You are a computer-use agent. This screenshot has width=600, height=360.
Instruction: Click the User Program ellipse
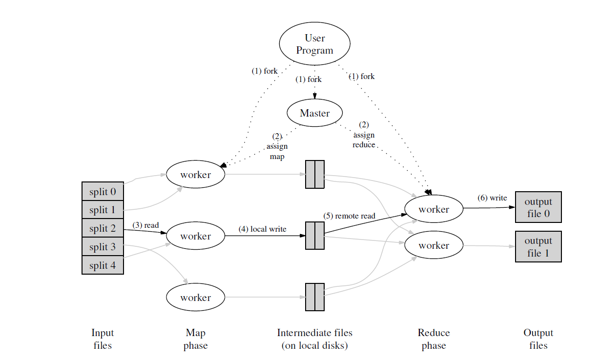click(x=314, y=44)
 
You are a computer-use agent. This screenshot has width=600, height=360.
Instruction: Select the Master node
click(x=314, y=113)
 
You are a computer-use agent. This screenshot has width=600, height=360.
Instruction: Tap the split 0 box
click(x=103, y=191)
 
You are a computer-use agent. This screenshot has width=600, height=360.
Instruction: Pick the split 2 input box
click(x=103, y=228)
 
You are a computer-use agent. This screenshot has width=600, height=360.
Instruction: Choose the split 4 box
click(x=103, y=265)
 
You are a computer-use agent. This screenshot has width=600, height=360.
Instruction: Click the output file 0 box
click(x=538, y=207)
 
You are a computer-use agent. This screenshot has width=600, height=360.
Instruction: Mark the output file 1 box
click(x=538, y=247)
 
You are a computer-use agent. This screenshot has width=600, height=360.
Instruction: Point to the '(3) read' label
click(x=145, y=225)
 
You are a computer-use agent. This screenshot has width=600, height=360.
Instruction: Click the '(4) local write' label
click(x=262, y=229)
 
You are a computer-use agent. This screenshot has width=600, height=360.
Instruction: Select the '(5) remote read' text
click(x=349, y=216)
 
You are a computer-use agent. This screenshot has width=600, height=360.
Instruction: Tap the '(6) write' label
click(x=492, y=198)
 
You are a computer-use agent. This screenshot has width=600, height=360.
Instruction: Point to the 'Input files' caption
click(x=102, y=339)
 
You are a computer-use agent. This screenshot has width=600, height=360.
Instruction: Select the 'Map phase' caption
click(x=195, y=339)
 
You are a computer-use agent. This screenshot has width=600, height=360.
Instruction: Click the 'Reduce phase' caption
click(x=434, y=339)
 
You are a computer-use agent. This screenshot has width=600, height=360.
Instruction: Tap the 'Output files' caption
click(x=538, y=339)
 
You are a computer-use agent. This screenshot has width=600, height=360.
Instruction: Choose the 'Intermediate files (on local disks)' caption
click(x=314, y=339)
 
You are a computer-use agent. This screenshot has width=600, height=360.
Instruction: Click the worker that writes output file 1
click(x=434, y=246)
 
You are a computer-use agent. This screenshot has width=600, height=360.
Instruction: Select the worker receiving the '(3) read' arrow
click(x=195, y=236)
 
